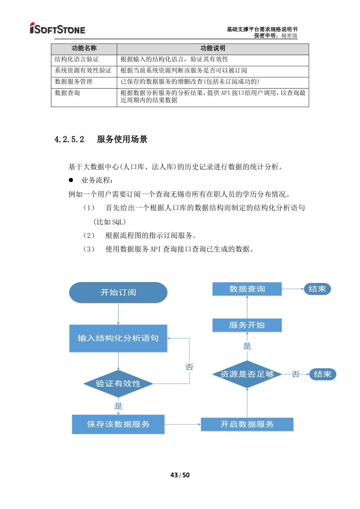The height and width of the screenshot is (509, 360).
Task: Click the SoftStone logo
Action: [x=58, y=28]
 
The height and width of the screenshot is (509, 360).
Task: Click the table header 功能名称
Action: [x=84, y=49]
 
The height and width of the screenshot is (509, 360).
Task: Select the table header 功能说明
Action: [x=213, y=49]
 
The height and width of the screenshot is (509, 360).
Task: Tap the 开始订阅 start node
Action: [x=118, y=292]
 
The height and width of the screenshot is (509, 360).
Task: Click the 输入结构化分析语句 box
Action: [x=118, y=338]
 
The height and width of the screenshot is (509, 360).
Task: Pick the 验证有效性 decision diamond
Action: [x=118, y=384]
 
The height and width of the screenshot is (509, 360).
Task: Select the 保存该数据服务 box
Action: [x=118, y=424]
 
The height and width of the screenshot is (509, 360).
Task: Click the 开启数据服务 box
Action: [x=247, y=424]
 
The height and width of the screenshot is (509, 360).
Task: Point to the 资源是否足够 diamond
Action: [x=247, y=374]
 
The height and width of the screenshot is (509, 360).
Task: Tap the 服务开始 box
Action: [x=247, y=325]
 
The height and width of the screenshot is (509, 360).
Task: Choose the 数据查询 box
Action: [x=247, y=289]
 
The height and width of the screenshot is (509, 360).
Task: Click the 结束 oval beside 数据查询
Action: [x=317, y=289]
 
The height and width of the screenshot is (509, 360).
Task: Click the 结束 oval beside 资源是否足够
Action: [x=322, y=374]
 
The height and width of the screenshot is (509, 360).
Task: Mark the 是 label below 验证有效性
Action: [x=118, y=406]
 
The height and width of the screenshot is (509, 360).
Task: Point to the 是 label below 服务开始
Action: [x=247, y=346]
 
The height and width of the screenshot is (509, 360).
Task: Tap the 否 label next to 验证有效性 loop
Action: [x=189, y=367]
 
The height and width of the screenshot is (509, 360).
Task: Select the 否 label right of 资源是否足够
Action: [x=296, y=374]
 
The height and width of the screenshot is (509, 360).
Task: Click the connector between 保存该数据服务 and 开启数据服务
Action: [x=183, y=424]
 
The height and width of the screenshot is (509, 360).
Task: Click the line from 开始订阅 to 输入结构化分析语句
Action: [x=118, y=314]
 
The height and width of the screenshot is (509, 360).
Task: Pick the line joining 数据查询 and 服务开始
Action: [x=247, y=307]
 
